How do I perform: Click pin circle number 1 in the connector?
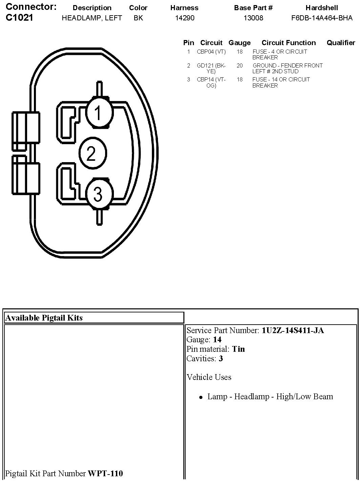pos(99,113)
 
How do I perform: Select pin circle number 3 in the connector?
pos(99,194)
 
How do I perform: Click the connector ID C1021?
pos(20,18)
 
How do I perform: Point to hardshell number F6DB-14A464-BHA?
pos(322,18)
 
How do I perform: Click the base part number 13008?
pos(253,18)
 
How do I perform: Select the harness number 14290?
pos(185,18)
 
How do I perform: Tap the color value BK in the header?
pos(138,18)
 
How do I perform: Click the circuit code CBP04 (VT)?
pos(211,52)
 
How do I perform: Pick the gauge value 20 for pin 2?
pos(240,66)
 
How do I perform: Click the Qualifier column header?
pos(341,43)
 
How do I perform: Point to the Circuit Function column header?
pos(288,43)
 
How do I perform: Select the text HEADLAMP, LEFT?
pos(92,18)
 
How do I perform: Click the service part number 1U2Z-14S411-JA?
pos(293,330)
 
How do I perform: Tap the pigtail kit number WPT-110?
pos(105,473)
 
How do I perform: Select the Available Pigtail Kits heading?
pos(44,318)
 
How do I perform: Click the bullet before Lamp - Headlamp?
pos(201,397)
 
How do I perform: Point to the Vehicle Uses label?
pos(209,377)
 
